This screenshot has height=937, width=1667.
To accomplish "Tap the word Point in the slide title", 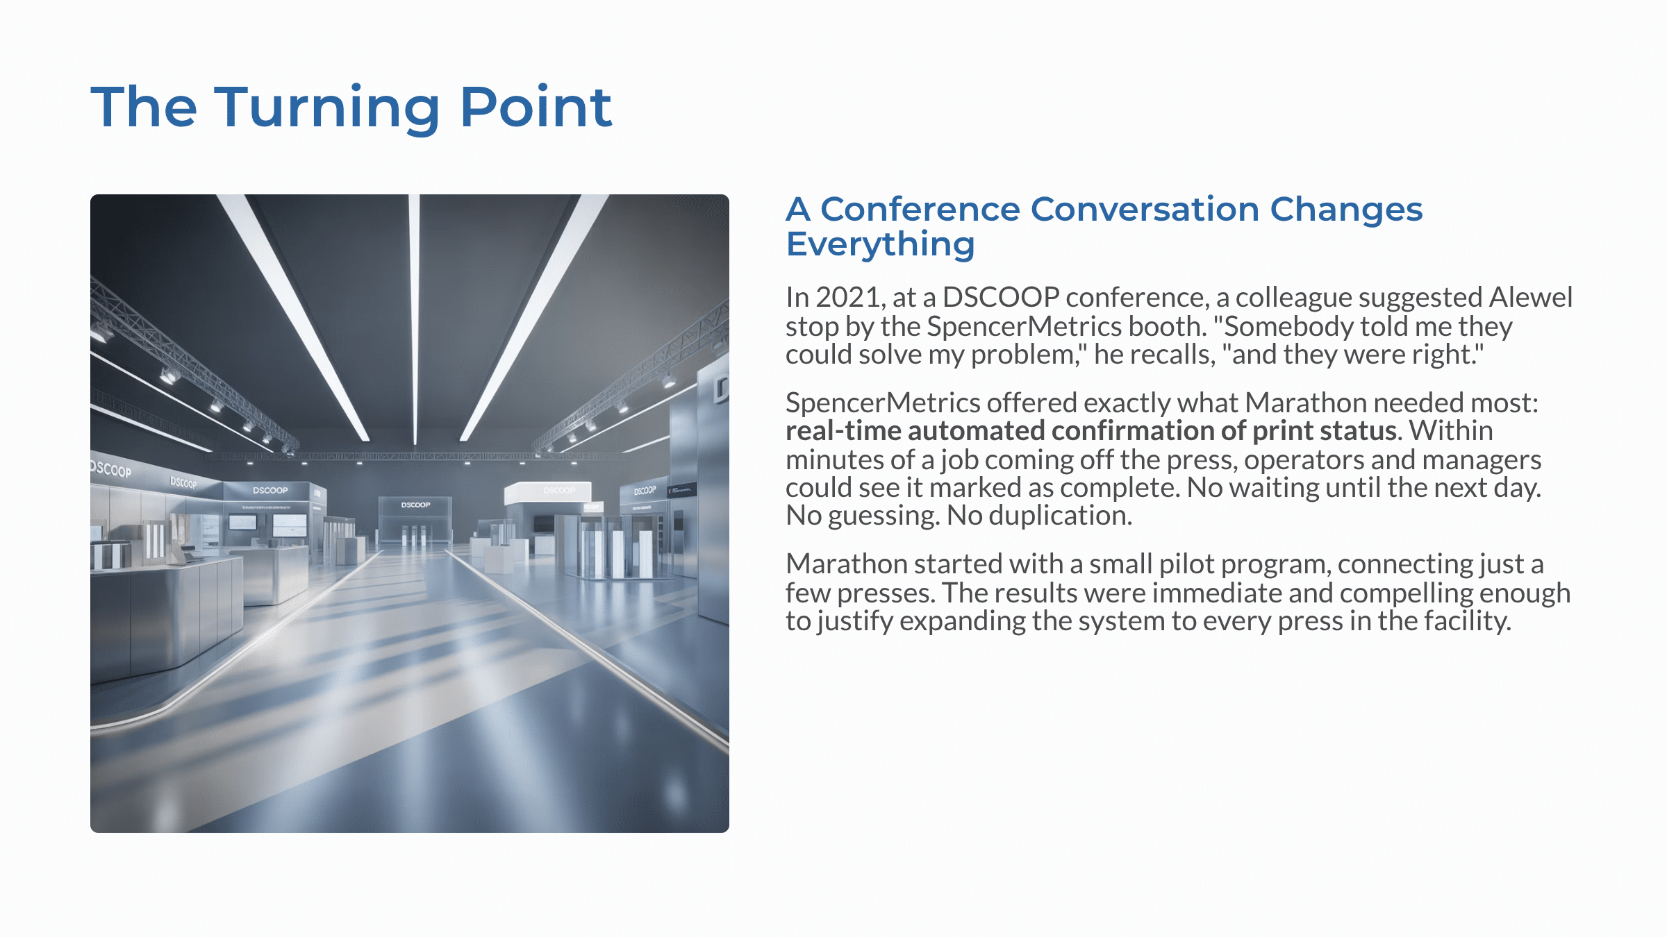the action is pos(536,107).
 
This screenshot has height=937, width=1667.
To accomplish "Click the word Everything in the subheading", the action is pos(880,245).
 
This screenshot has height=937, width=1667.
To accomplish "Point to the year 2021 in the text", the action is pos(850,298).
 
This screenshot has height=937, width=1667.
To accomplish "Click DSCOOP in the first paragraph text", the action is pos(1001,298).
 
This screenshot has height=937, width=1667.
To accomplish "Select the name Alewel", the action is pos(1531,298).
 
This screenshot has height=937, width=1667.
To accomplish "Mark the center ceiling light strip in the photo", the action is pos(415,319).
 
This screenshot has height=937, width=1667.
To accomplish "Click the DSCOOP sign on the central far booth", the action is pos(415,505).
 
